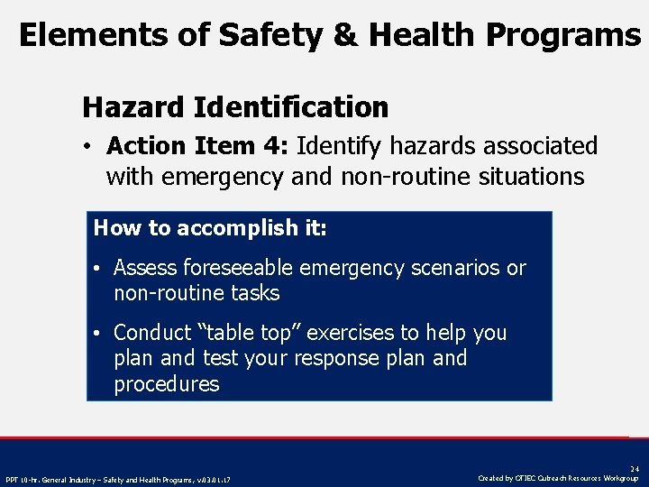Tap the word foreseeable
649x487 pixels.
pos(237,268)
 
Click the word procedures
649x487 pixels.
pos(166,384)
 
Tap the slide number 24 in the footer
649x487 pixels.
pos(633,469)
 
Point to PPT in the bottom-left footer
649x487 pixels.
pos(12,479)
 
